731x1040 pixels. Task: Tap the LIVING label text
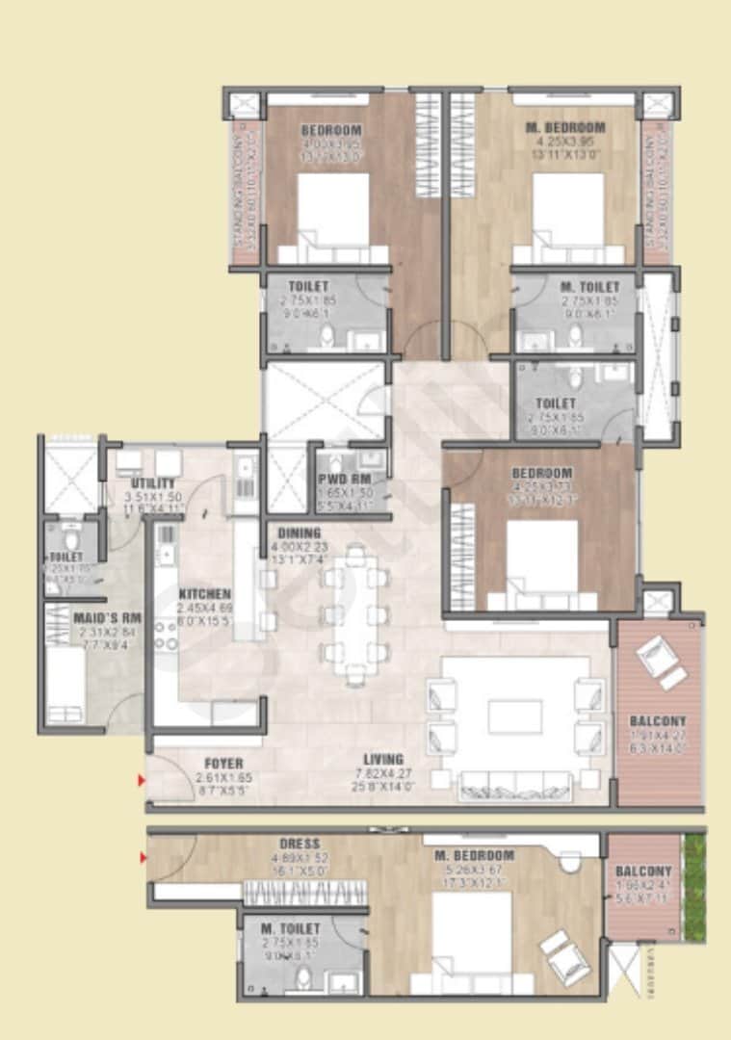383,759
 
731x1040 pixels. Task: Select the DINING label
300,533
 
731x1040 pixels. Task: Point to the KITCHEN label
205,594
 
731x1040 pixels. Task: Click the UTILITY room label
153,482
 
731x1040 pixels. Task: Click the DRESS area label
300,844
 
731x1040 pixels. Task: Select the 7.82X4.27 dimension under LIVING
383,773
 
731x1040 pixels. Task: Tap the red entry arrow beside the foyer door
143,780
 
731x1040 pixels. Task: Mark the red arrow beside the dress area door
143,857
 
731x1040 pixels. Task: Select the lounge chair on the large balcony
662,662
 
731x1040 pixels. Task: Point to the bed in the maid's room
66,686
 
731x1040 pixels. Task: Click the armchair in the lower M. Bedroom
565,957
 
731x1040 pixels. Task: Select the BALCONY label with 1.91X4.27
658,721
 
